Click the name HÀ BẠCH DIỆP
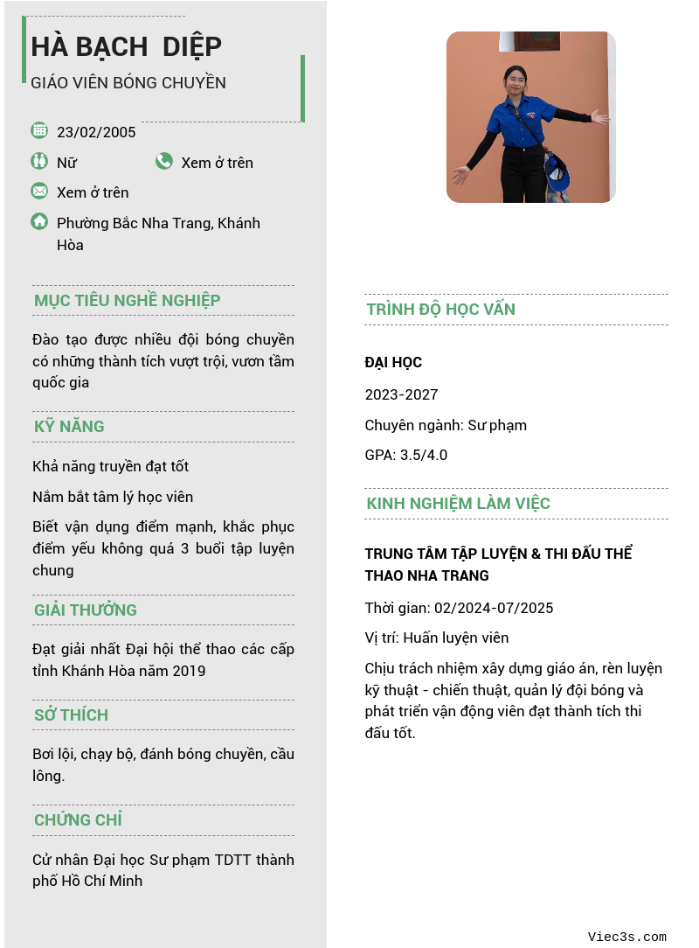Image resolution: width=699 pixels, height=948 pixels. click(126, 45)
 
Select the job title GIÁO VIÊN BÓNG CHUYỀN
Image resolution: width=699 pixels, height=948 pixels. click(128, 83)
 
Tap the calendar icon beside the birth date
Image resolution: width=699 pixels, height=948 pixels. click(39, 130)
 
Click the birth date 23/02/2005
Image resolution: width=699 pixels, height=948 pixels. click(96, 132)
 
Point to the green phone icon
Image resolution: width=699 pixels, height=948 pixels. click(164, 161)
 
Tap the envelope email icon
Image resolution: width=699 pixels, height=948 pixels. click(39, 191)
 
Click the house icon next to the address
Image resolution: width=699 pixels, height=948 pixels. click(39, 221)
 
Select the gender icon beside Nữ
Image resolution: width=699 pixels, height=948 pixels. click(39, 161)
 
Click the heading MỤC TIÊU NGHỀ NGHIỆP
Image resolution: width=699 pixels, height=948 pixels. click(127, 301)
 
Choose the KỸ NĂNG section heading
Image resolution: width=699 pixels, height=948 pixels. click(69, 427)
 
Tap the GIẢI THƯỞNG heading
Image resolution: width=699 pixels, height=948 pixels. click(86, 610)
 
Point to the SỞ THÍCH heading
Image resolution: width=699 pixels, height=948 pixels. click(71, 715)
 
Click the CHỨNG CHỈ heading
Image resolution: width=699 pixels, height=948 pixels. click(78, 820)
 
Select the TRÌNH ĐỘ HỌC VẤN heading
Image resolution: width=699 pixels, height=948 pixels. click(441, 310)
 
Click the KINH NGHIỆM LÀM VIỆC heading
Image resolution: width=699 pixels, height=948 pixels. click(458, 504)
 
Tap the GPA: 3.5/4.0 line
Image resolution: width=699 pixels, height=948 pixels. click(406, 455)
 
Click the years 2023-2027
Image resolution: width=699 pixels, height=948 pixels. click(401, 394)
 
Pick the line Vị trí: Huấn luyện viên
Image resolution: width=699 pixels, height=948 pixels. click(437, 638)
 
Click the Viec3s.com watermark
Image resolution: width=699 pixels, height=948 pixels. click(626, 937)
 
